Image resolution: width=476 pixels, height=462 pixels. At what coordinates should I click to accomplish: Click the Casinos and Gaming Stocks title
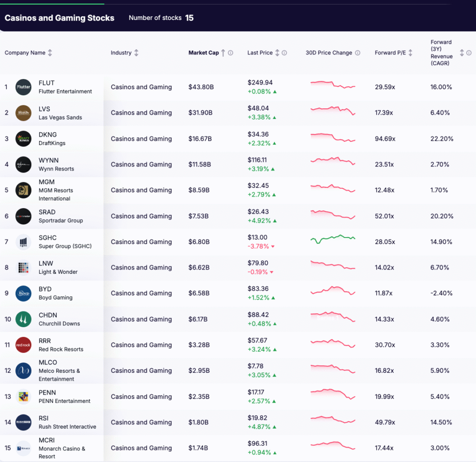pos(59,18)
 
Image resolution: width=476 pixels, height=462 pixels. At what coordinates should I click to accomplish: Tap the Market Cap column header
pos(203,53)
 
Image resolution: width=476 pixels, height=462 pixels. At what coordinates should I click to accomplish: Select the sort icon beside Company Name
pos(50,53)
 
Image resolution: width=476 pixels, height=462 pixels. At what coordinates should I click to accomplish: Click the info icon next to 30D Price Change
pos(357,53)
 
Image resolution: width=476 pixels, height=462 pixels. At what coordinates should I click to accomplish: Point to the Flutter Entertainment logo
pos(23,87)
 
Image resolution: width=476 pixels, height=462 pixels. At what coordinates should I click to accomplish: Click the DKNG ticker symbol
pos(48,135)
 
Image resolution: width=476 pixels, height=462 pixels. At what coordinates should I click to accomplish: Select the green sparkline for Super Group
pos(332,239)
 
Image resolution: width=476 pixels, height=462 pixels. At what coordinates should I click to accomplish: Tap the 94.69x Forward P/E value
pos(385,139)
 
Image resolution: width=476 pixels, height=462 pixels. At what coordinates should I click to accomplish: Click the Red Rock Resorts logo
pos(23,345)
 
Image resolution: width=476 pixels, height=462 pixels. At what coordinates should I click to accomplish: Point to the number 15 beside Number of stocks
pos(189,18)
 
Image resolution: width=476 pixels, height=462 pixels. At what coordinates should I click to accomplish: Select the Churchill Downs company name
pos(59,323)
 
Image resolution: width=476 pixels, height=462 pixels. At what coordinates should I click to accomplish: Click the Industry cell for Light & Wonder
pos(141,268)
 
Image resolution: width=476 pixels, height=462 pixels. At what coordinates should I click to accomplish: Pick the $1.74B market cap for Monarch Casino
pos(199,448)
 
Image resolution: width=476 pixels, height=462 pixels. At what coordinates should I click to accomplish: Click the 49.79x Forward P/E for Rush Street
pos(385,422)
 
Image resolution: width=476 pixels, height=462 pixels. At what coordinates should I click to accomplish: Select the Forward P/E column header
pos(390,53)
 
